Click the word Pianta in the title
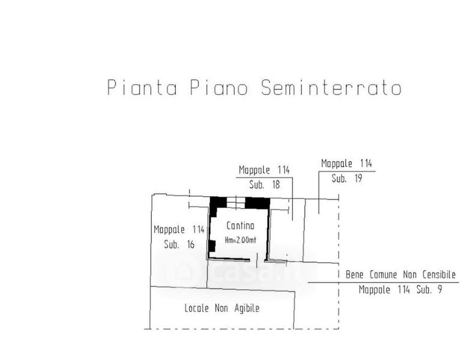tap(142, 88)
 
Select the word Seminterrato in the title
tap(331, 88)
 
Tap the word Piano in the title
tap(219, 88)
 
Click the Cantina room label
tap(240, 226)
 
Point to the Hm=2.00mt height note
tap(240, 240)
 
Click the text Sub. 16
tap(179, 244)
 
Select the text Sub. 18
tap(264, 184)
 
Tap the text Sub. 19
tap(347, 178)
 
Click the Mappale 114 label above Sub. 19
tap(346, 164)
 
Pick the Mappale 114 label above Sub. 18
tap(264, 170)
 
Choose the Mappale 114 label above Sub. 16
tap(179, 230)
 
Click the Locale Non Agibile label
tap(222, 308)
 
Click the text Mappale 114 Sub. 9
tap(400, 290)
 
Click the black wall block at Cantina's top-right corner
tap(258, 203)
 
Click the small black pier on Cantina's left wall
tap(212, 246)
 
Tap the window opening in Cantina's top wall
tap(236, 203)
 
